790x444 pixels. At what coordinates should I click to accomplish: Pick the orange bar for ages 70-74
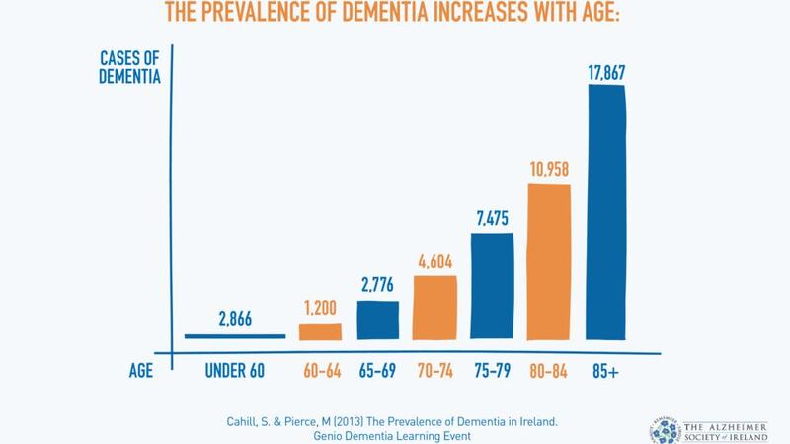coord(435,308)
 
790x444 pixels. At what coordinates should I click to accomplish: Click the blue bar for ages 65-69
coord(377,320)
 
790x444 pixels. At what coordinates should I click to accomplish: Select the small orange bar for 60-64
coord(320,331)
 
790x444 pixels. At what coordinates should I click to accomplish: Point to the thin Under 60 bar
coord(235,336)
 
